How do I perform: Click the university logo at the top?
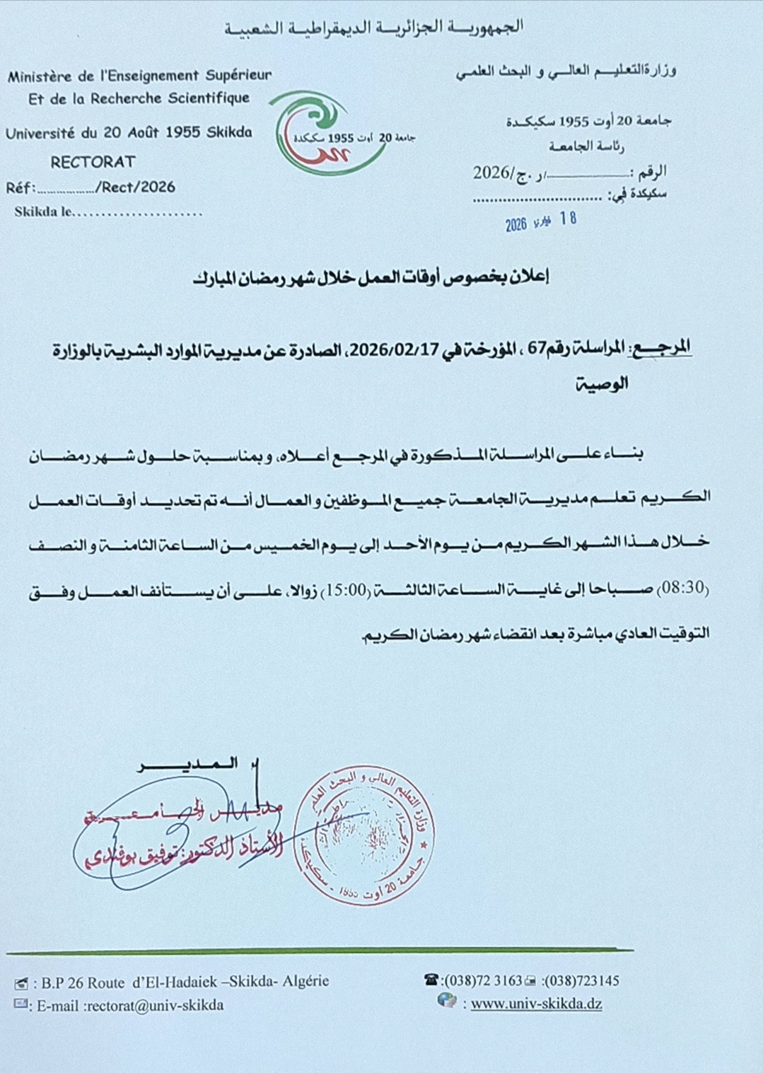(x=327, y=133)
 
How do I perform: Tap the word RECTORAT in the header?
(x=93, y=162)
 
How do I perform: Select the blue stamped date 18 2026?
(x=541, y=221)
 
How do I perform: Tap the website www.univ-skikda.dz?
(x=536, y=1004)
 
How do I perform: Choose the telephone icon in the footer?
(x=431, y=980)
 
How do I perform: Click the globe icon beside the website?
(x=446, y=1001)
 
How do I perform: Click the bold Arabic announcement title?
(x=371, y=278)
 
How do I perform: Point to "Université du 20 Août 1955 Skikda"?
(x=129, y=132)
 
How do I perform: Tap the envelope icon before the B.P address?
(x=21, y=983)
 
